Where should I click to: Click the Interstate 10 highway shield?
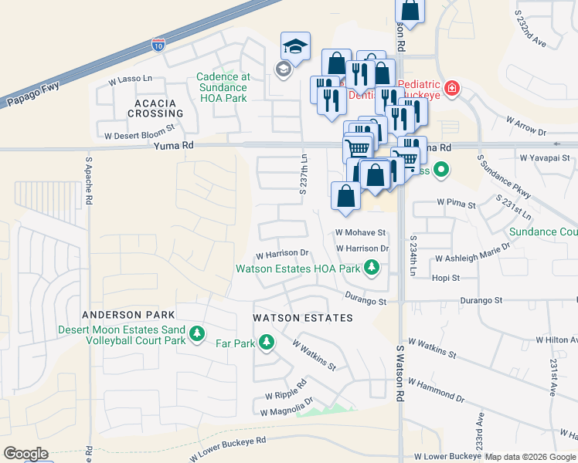coord(158,44)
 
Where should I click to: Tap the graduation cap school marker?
coord(295,46)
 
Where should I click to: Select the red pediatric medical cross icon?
coord(451,89)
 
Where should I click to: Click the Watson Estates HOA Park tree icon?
coord(372,268)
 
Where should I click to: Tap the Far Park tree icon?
coord(267,341)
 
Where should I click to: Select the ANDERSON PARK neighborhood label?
coord(128,315)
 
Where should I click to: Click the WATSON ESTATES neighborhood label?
coord(303,318)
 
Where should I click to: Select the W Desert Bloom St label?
coord(140,134)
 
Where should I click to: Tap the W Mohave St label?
coord(360,232)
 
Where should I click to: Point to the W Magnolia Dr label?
coord(287,411)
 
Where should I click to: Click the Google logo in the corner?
coord(25,454)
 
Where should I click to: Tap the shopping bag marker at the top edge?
coord(411,11)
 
